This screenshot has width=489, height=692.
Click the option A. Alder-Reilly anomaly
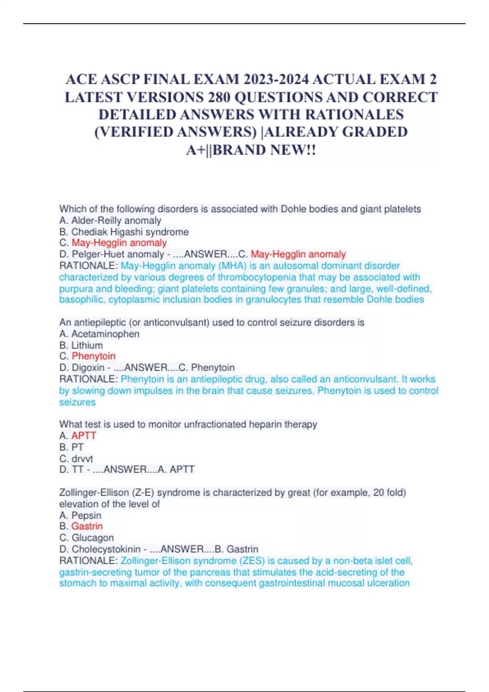(x=110, y=221)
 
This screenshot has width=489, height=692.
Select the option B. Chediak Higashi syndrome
(x=124, y=232)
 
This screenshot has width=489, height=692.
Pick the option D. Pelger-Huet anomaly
(x=112, y=254)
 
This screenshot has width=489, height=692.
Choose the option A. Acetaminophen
(x=99, y=334)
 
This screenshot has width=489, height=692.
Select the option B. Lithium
(x=81, y=346)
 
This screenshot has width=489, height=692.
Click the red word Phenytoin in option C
(x=93, y=356)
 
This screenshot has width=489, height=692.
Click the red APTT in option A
(x=84, y=436)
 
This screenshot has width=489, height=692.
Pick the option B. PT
(x=72, y=447)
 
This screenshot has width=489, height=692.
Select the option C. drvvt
(x=76, y=459)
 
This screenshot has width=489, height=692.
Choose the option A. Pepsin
(x=80, y=515)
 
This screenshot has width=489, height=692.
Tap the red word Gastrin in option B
(x=87, y=526)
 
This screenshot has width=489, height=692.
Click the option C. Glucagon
(x=86, y=538)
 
